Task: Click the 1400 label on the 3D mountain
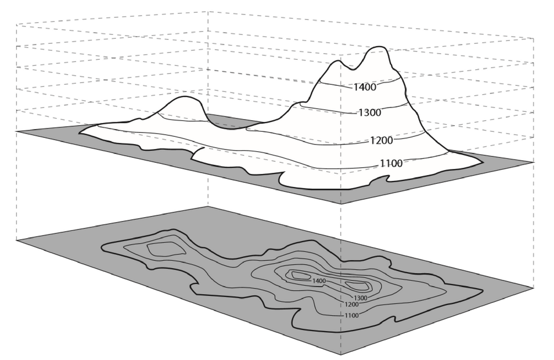tap(365, 87)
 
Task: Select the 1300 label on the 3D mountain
tap(370, 112)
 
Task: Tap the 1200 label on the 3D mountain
tap(382, 140)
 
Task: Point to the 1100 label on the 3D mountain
tap(391, 163)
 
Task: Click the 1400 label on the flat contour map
tap(319, 281)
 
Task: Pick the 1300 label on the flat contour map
tap(361, 298)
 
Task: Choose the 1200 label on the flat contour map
tap(352, 305)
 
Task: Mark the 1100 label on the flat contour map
tap(352, 316)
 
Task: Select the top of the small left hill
tap(184, 97)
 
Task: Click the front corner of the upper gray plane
tap(341, 204)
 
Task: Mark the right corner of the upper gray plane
tap(534, 162)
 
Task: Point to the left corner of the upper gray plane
tap(17, 131)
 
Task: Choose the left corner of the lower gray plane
tap(17, 240)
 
